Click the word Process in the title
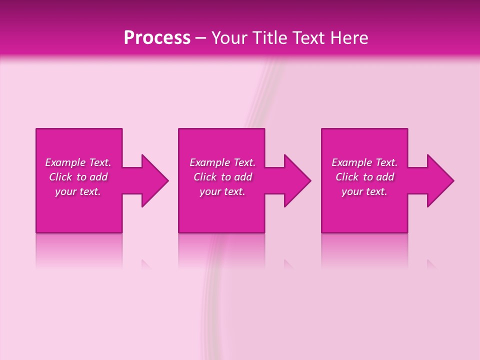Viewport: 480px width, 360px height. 157,38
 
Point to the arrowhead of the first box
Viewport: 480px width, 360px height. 155,180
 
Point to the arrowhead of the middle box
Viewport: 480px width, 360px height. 297,180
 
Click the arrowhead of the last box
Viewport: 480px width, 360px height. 440,180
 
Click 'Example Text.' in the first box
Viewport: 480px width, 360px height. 78,162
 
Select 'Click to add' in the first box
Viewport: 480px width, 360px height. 78,177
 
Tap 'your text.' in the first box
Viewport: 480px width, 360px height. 78,191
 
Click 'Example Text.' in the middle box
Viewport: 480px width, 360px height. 222,162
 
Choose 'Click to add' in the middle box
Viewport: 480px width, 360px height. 222,177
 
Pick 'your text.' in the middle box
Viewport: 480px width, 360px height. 222,191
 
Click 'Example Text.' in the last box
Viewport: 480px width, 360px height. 364,162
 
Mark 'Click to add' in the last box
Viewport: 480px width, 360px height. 364,177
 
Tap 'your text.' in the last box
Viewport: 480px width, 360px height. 364,191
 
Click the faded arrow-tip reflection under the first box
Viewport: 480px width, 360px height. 146,264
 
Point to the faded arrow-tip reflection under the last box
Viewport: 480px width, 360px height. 431,264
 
